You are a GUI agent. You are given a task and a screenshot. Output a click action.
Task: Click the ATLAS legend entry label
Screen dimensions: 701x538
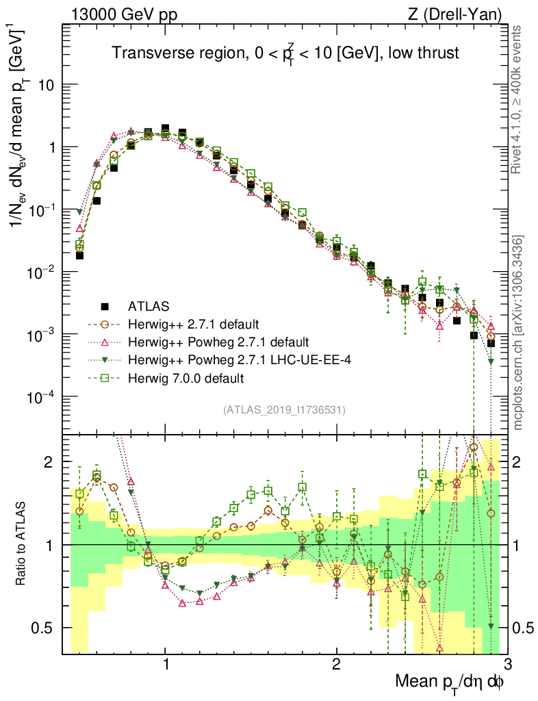point(147,305)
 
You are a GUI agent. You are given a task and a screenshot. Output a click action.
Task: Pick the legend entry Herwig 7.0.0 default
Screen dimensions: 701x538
point(186,377)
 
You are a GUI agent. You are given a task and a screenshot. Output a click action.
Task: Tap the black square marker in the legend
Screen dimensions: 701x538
point(105,305)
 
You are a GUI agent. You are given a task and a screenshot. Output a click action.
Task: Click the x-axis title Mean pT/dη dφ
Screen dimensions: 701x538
point(450,683)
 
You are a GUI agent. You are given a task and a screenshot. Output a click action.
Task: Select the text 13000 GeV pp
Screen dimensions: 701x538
point(123,14)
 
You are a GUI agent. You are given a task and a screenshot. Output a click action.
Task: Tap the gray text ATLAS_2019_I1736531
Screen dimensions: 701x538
point(284,410)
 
